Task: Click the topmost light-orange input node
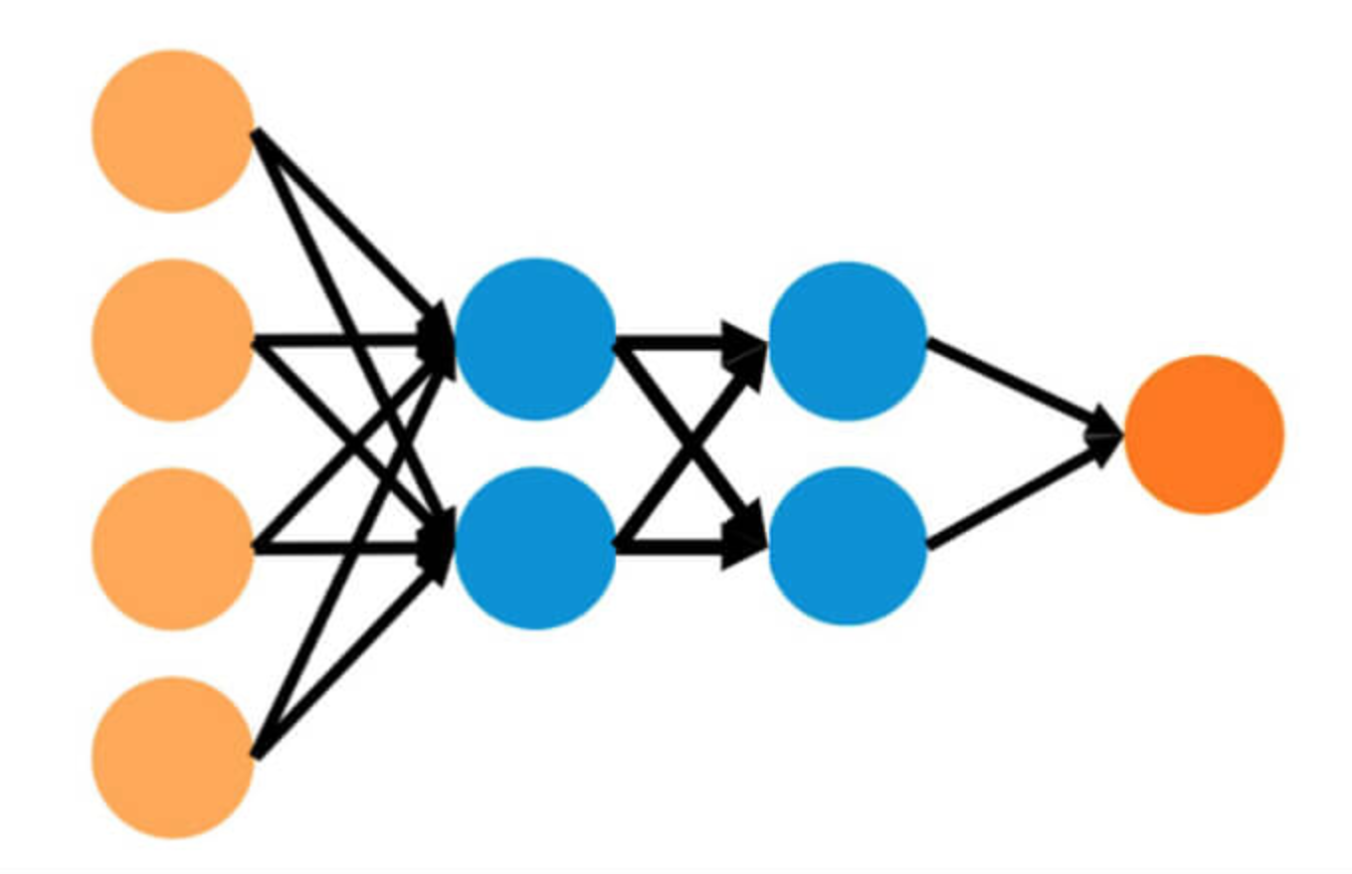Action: click(172, 131)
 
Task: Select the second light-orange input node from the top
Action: click(172, 340)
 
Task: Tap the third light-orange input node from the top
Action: click(172, 549)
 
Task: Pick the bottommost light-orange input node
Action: click(172, 758)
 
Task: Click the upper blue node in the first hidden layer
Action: click(535, 339)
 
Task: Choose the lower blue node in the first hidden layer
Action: click(535, 548)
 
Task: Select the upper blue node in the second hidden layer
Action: click(848, 341)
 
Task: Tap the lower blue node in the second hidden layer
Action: click(848, 546)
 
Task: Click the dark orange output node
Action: click(1204, 435)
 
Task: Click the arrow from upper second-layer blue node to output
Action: click(1015, 384)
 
